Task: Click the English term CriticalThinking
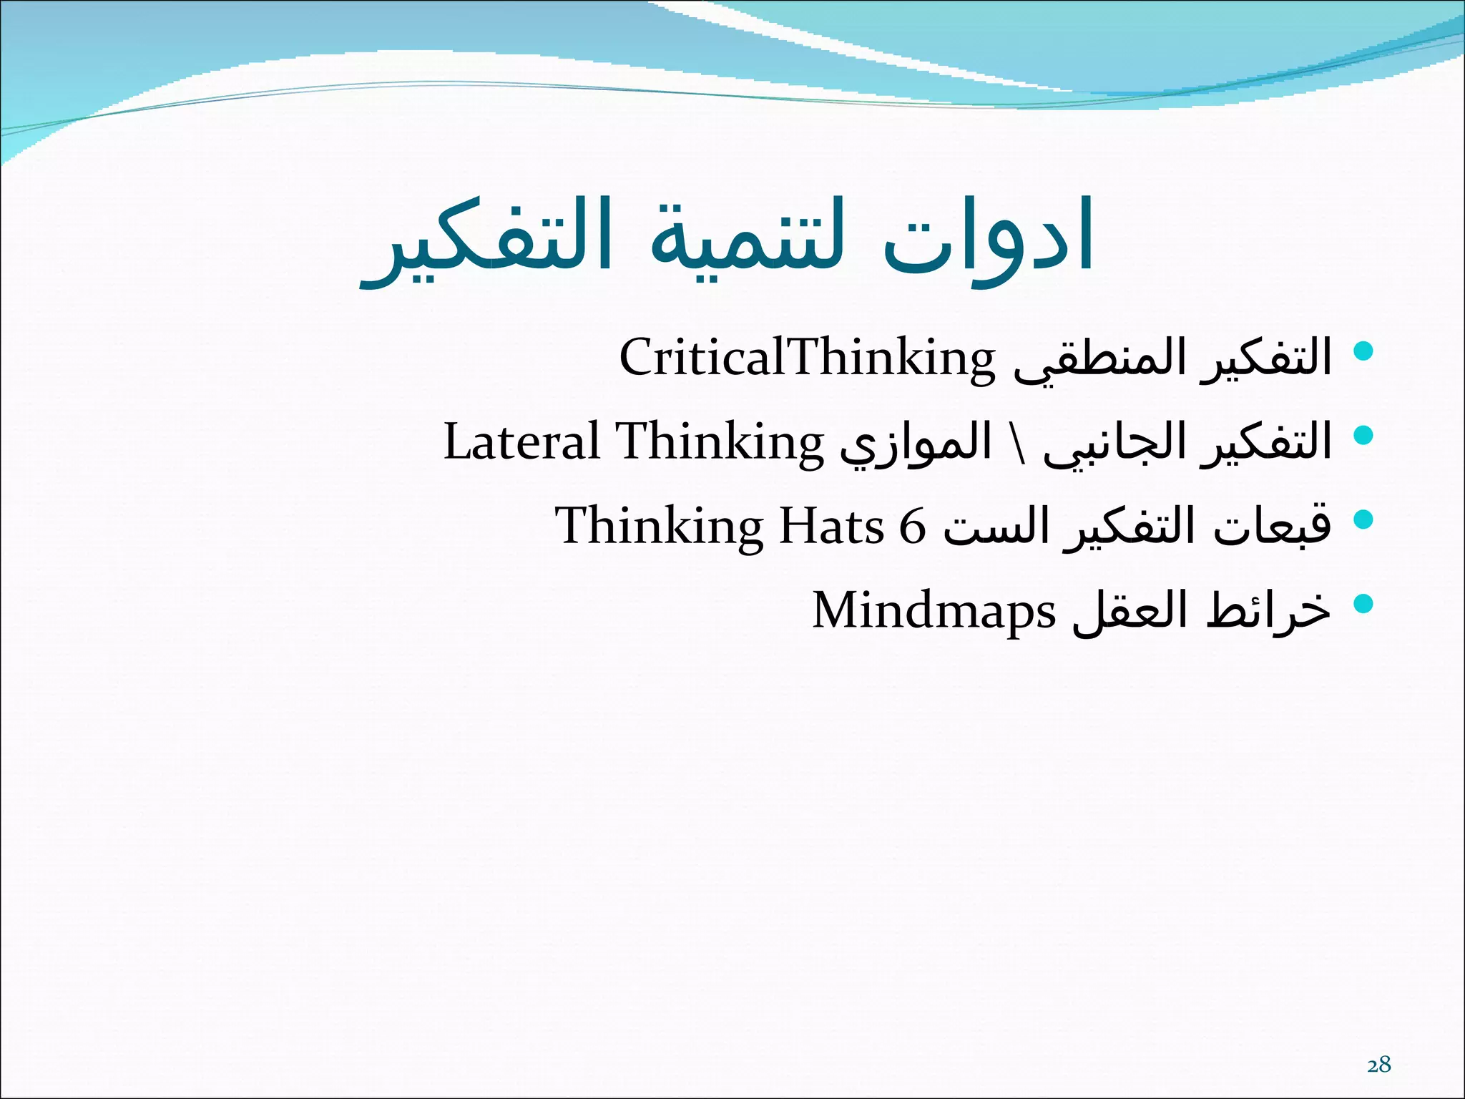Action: coord(807,358)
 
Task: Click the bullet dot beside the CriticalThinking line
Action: coord(1364,351)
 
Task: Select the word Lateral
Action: coord(521,441)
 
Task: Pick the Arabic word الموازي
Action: coord(916,444)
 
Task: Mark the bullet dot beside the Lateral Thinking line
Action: coord(1364,435)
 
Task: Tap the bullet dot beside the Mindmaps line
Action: coord(1364,603)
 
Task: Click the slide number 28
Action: coord(1378,1065)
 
